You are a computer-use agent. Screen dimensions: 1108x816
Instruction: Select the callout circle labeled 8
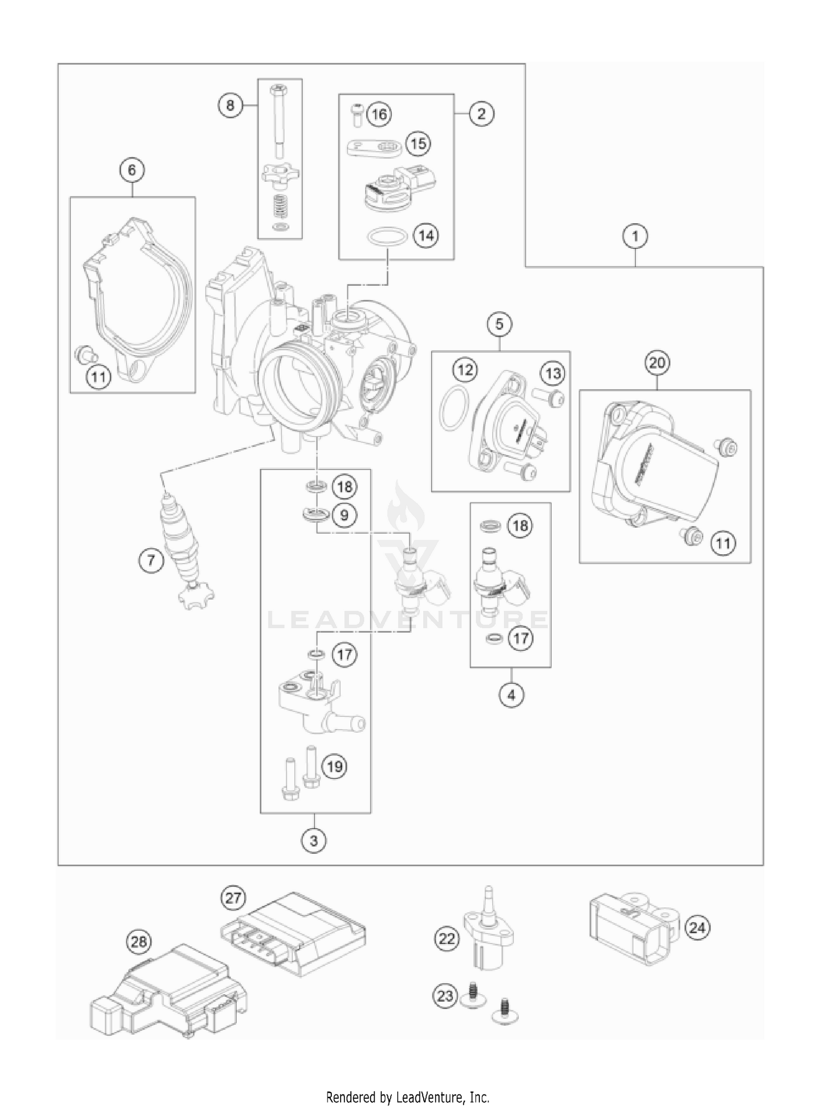pyautogui.click(x=230, y=105)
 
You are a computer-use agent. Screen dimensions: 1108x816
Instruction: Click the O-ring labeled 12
pyautogui.click(x=454, y=408)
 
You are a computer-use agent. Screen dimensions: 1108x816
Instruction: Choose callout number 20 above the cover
pyautogui.click(x=657, y=362)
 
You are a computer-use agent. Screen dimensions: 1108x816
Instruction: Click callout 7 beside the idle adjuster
pyautogui.click(x=151, y=559)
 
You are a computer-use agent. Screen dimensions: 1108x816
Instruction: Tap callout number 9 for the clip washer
pyautogui.click(x=344, y=515)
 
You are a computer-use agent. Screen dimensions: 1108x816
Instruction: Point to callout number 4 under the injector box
pyautogui.click(x=511, y=695)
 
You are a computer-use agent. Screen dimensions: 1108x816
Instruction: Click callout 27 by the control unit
pyautogui.click(x=233, y=898)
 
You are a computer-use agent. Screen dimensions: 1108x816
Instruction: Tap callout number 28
pyautogui.click(x=139, y=941)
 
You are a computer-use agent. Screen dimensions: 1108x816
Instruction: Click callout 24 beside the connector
pyautogui.click(x=697, y=927)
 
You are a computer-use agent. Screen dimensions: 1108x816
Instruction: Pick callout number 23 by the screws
pyautogui.click(x=446, y=995)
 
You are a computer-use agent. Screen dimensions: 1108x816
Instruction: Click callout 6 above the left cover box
pyautogui.click(x=132, y=170)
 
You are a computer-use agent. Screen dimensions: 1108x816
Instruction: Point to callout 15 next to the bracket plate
pyautogui.click(x=418, y=144)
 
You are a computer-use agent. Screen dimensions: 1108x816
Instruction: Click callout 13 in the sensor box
pyautogui.click(x=553, y=374)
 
